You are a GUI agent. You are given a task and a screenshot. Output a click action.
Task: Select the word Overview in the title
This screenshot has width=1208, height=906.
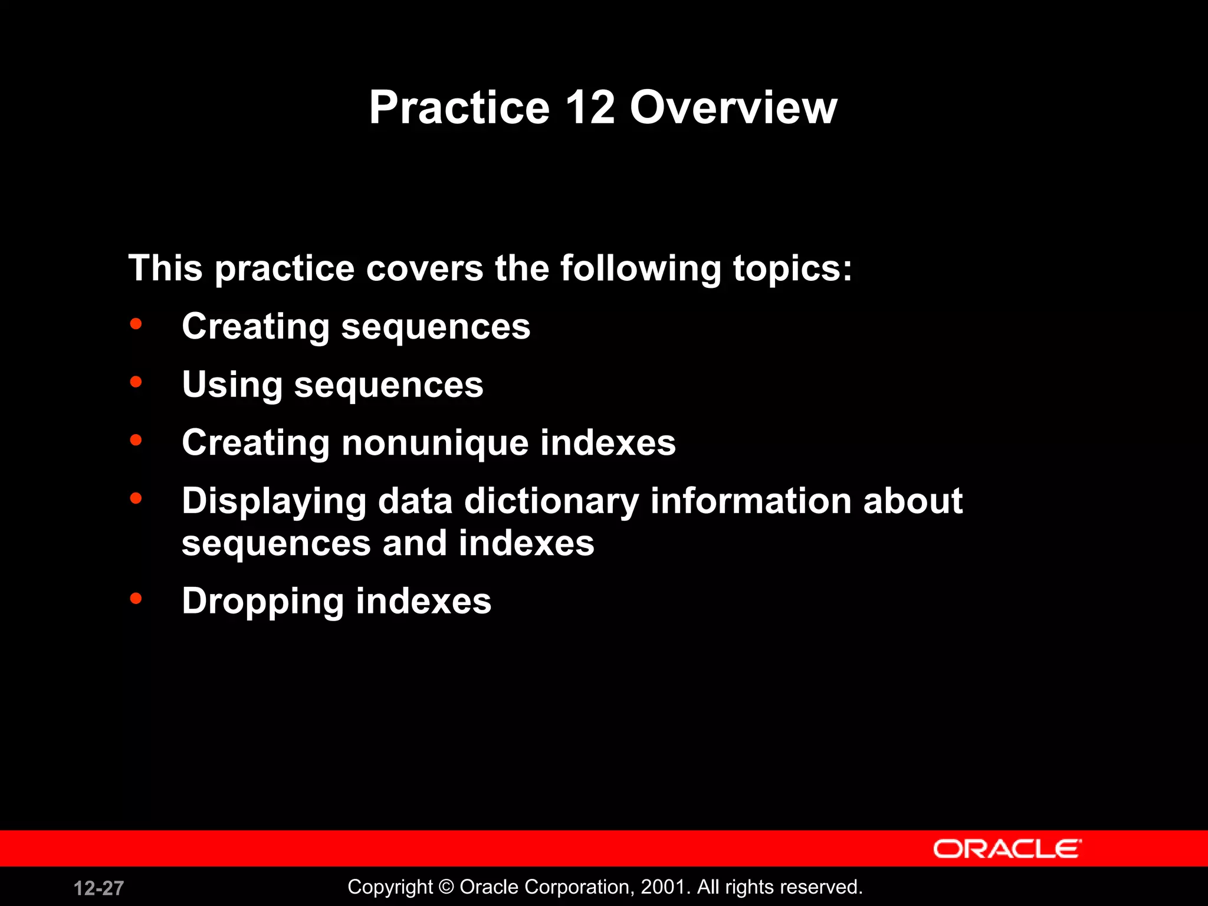[733, 108]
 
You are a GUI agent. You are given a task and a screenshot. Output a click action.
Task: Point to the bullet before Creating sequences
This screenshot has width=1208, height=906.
[136, 324]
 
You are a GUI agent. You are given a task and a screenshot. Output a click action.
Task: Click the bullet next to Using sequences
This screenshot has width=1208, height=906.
[136, 382]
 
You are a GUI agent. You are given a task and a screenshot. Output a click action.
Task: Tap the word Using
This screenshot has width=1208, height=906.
[232, 385]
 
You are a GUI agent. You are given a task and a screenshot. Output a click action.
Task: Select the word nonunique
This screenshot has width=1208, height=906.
[435, 443]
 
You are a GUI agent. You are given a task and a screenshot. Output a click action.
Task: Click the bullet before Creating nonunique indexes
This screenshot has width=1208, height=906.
[136, 440]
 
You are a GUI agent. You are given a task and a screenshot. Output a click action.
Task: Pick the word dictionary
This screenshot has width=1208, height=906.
[552, 501]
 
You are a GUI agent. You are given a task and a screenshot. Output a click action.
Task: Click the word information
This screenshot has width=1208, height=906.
[750, 501]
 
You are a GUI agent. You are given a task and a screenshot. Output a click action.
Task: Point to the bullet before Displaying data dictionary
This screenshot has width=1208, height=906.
[136, 498]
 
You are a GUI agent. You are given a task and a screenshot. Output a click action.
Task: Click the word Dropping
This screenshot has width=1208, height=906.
[262, 602]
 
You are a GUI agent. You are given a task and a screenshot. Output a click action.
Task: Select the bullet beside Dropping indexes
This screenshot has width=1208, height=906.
[136, 599]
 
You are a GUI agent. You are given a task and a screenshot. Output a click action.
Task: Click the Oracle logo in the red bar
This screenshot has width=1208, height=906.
[1007, 849]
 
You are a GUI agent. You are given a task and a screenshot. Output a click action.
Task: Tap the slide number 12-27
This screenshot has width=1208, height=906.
[99, 888]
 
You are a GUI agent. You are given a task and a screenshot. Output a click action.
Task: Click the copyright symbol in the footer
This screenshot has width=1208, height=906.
[447, 887]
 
